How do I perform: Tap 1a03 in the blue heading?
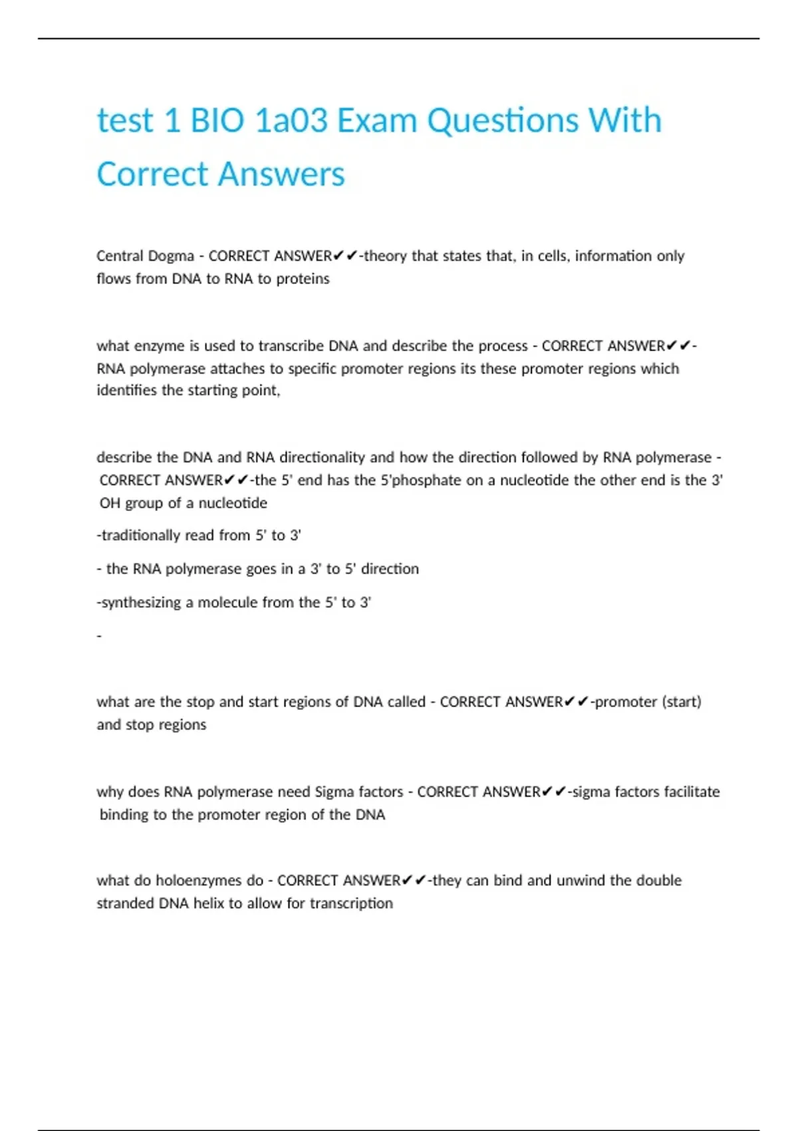tap(291, 121)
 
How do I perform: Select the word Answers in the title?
tap(281, 174)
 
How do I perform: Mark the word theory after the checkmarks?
tap(385, 256)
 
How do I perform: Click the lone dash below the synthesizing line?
tap(99, 636)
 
